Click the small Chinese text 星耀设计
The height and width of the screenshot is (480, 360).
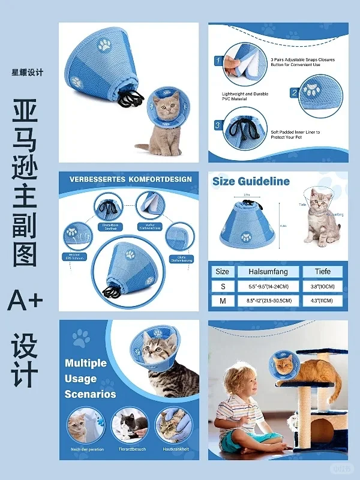(x=28, y=73)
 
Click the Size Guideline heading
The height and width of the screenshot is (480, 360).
(x=251, y=181)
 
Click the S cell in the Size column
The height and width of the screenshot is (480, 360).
(x=223, y=286)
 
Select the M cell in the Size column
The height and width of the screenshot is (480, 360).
(x=223, y=301)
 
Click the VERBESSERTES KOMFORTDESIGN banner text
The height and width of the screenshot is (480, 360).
(x=130, y=179)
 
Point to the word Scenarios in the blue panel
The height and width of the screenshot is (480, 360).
(x=90, y=394)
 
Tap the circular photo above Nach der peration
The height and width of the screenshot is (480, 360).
(x=86, y=425)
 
